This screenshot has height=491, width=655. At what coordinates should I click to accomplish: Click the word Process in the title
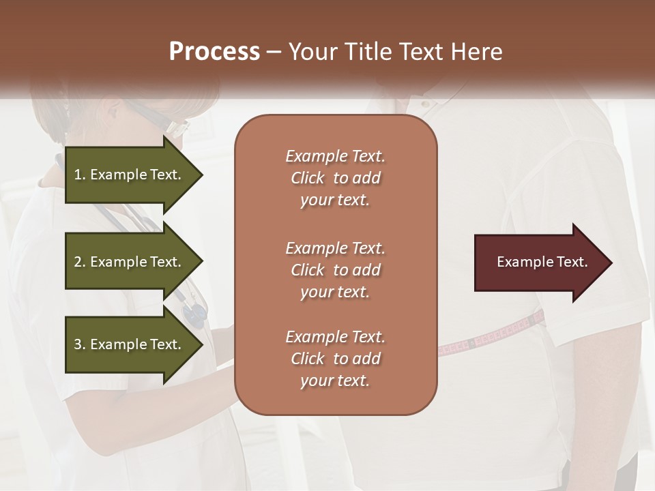click(214, 52)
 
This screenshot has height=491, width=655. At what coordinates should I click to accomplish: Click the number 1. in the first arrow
click(80, 175)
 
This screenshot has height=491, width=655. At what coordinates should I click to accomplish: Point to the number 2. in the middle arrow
click(80, 262)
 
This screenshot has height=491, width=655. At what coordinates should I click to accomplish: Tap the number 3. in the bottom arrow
click(80, 344)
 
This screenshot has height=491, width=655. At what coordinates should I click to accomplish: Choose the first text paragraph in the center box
click(335, 178)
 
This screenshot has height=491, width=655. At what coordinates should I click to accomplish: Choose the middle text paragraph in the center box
click(335, 269)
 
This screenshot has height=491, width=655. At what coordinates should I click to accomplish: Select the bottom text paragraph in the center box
click(335, 359)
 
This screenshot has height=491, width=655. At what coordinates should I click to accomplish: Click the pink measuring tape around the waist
click(491, 336)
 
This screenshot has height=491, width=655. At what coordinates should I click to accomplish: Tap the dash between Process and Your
click(274, 53)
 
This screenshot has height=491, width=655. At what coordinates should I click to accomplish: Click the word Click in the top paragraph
click(307, 178)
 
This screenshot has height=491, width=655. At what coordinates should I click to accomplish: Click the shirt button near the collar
click(424, 104)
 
